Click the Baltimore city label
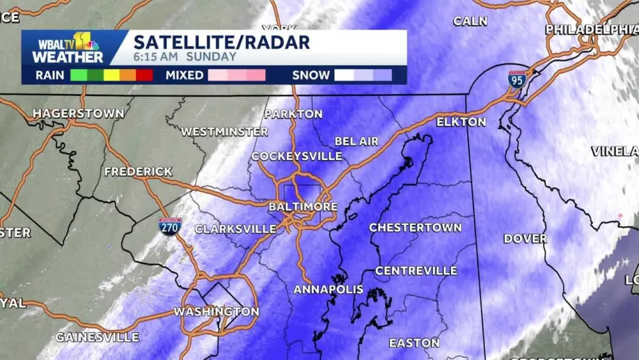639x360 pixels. (303, 207)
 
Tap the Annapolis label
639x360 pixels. (328, 290)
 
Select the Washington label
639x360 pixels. (217, 312)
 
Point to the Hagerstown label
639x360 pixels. (79, 113)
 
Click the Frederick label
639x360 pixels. (138, 171)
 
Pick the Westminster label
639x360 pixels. (224, 132)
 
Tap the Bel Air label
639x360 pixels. (357, 141)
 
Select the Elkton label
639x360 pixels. (461, 121)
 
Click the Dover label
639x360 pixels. (525, 239)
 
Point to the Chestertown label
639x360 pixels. (415, 228)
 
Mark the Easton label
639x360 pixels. (414, 343)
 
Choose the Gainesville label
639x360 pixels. (97, 336)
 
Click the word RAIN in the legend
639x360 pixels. (49, 75)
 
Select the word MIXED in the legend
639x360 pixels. (184, 75)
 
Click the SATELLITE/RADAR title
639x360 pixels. (222, 43)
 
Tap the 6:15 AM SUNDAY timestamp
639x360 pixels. (185, 57)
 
